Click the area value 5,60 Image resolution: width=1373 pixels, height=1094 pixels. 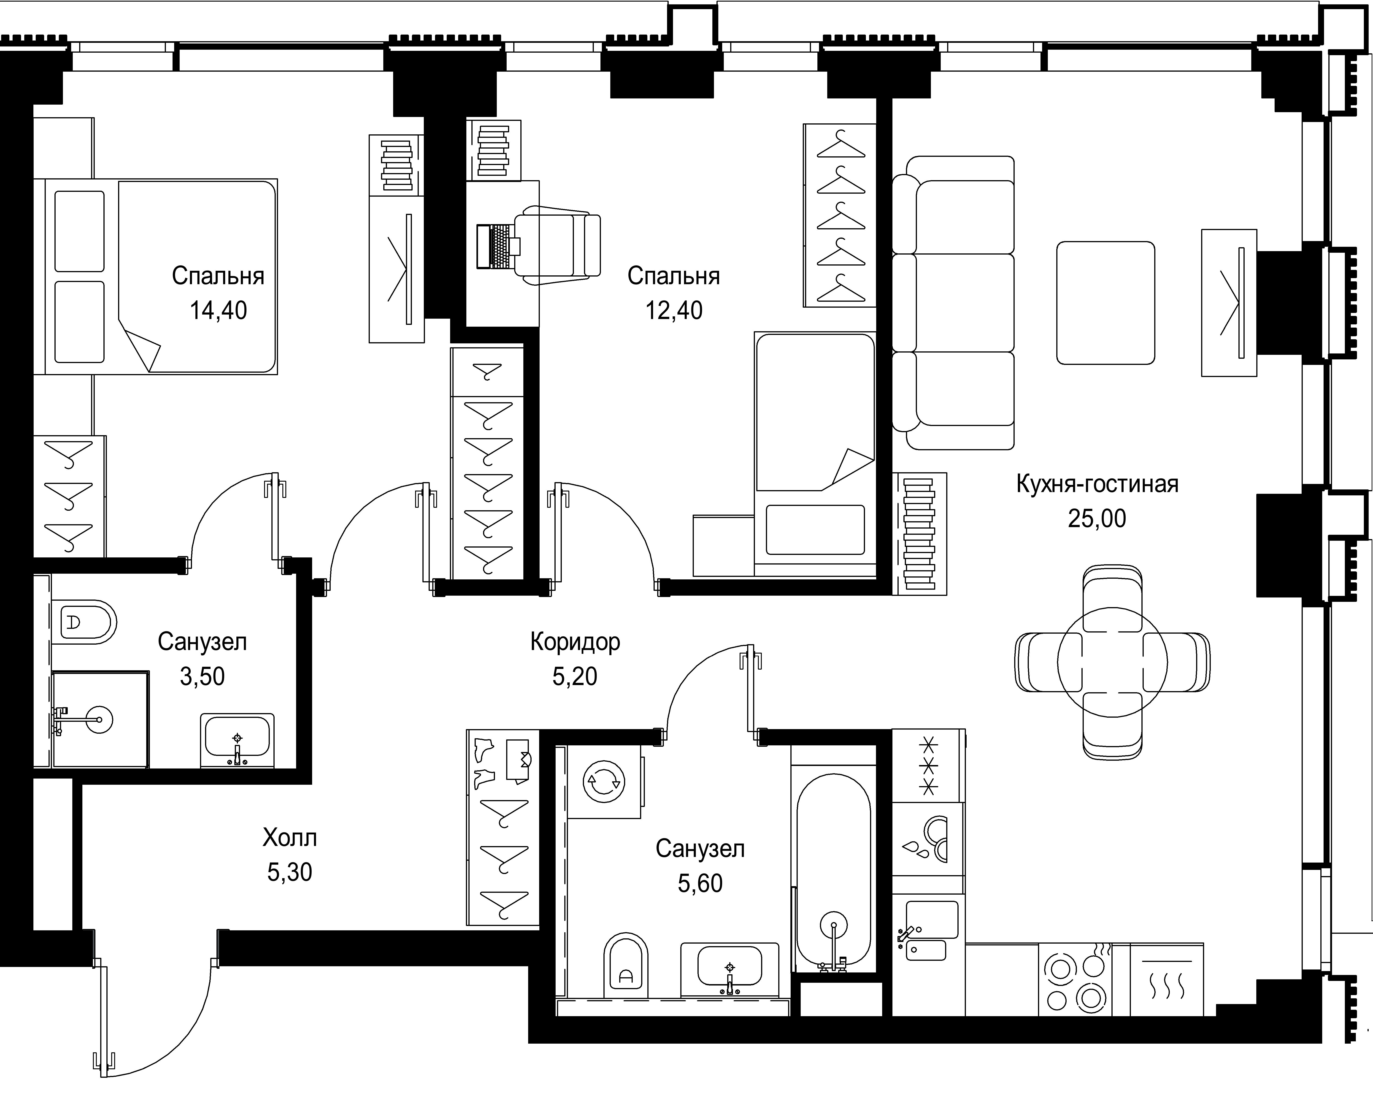(x=700, y=884)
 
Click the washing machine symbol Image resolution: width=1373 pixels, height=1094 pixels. (x=604, y=782)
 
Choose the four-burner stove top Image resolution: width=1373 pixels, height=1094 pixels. (x=1075, y=979)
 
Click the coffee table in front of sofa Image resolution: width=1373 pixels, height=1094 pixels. (x=1105, y=303)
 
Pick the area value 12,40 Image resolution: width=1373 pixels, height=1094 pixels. (x=674, y=310)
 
